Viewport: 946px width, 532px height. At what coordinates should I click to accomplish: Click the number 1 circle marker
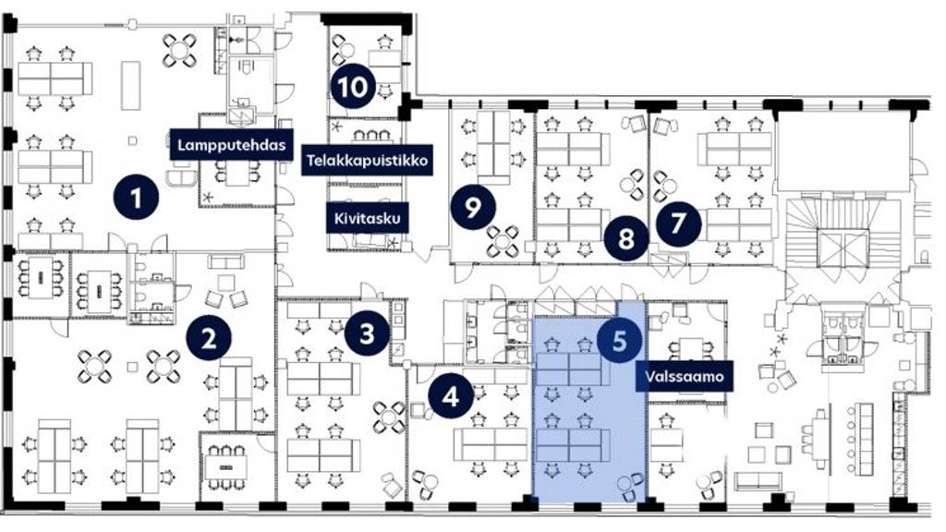pyautogui.click(x=137, y=197)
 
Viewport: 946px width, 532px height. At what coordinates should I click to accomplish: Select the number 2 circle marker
pyautogui.click(x=209, y=338)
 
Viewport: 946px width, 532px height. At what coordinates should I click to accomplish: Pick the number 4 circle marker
pyautogui.click(x=451, y=397)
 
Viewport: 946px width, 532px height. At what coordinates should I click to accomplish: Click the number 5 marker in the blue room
pyautogui.click(x=620, y=341)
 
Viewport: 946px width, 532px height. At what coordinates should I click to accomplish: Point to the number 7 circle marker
pyautogui.click(x=679, y=223)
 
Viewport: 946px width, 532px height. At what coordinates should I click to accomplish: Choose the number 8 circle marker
pyautogui.click(x=626, y=237)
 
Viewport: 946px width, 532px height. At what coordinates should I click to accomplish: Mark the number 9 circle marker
pyautogui.click(x=473, y=207)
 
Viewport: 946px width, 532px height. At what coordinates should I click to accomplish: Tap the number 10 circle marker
pyautogui.click(x=353, y=86)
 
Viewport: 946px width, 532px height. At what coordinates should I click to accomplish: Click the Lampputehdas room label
pyautogui.click(x=232, y=145)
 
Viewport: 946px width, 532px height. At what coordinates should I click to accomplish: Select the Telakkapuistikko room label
pyautogui.click(x=368, y=161)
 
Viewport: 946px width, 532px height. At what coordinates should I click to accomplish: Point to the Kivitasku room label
pyautogui.click(x=368, y=218)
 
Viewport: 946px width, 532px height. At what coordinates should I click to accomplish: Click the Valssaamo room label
pyautogui.click(x=685, y=377)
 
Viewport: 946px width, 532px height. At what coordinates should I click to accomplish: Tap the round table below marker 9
pyautogui.click(x=503, y=241)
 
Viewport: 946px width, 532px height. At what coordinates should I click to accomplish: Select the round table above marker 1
pyautogui.click(x=180, y=50)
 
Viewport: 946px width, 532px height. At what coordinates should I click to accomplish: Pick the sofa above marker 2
pyautogui.click(x=226, y=261)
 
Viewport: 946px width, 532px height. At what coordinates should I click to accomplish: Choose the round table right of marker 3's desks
pyautogui.click(x=390, y=417)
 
